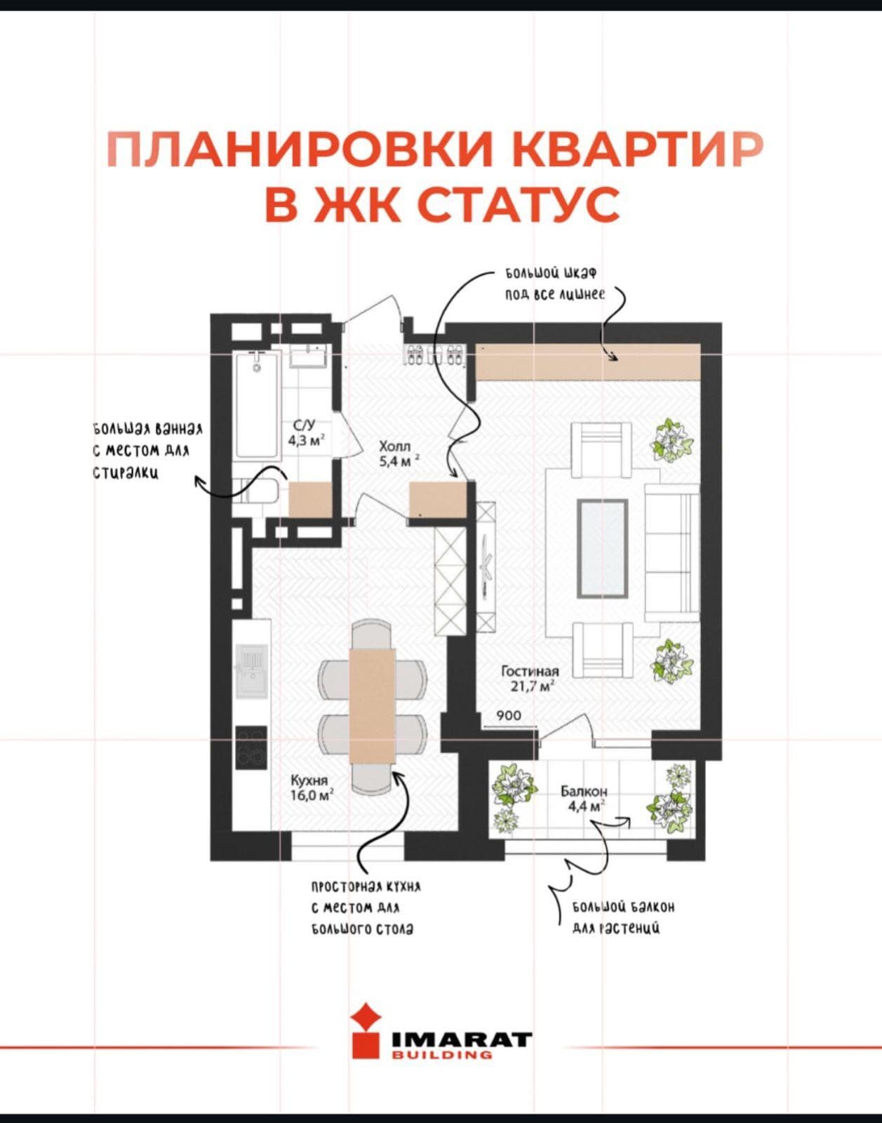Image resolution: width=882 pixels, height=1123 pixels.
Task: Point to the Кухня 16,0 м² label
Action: [x=312, y=788]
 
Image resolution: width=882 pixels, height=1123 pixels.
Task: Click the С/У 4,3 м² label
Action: [x=306, y=433]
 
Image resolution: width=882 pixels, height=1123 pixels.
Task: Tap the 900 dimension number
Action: [x=509, y=716]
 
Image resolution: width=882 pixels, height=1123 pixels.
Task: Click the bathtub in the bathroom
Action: [x=257, y=405]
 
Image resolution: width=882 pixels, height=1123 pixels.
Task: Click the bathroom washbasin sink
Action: [x=309, y=357]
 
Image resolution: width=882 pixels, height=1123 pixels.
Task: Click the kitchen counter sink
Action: [x=252, y=670]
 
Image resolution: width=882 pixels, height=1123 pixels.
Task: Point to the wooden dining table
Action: [x=373, y=706]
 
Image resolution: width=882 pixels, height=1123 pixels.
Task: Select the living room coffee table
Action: [x=603, y=548]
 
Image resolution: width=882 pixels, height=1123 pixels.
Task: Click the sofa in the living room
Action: [x=671, y=552]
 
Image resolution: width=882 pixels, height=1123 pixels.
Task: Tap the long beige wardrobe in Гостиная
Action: [x=588, y=361]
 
